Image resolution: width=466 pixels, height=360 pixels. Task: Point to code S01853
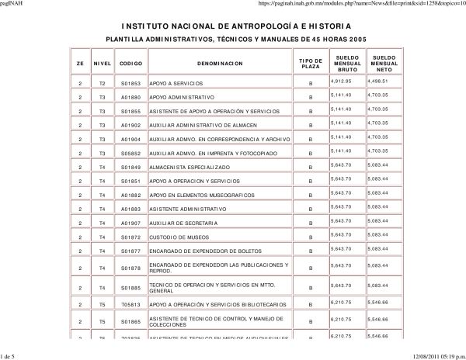[x=129, y=82]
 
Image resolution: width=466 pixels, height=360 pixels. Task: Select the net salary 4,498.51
[x=378, y=80]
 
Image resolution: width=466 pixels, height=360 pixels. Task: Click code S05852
[x=129, y=153]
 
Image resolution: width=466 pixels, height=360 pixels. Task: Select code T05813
[x=129, y=303]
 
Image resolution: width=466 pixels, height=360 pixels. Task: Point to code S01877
[x=129, y=251]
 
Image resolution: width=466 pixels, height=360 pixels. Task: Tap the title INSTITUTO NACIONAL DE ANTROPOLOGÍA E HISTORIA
[x=232, y=25]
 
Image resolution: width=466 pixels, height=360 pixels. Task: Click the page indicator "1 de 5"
[x=10, y=355]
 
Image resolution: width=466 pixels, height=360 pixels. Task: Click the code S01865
[x=129, y=321]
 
